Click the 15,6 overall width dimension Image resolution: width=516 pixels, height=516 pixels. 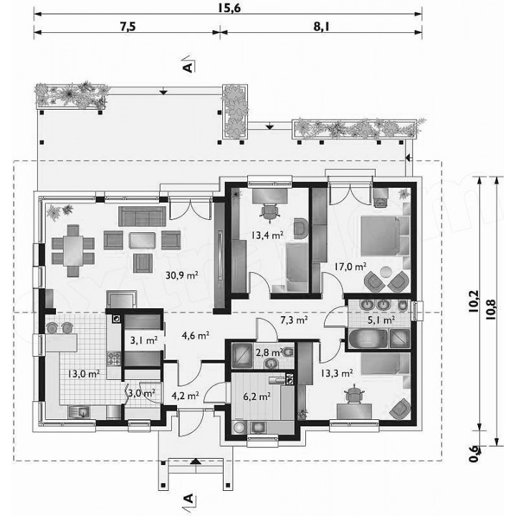pos(229,8)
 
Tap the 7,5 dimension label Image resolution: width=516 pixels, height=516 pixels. pos(128,27)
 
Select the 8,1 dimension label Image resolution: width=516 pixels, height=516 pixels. pos(321,27)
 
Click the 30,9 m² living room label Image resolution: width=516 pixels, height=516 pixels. pos(181,274)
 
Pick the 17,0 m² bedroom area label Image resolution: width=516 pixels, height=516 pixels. pos(350,266)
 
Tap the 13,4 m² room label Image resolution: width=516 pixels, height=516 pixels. pos(267,235)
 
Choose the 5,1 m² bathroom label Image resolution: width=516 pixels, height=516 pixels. pos(381,320)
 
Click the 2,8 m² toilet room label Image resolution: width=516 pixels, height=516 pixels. pos(269,353)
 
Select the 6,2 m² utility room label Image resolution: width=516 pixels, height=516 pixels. pos(257,396)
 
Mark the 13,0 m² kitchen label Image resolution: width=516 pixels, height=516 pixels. pos(84,373)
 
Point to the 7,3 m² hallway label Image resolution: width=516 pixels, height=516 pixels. pos(294,320)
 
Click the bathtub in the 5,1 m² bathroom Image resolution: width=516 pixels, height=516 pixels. pos(368,338)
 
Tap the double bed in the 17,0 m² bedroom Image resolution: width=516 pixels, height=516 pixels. pos(383,236)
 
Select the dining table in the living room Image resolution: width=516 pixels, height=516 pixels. pos(73,251)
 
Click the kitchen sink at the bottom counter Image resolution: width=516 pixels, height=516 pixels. pos(78,412)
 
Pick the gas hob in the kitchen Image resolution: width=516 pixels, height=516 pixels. pos(114,358)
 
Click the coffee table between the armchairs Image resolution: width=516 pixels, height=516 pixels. pos(142,241)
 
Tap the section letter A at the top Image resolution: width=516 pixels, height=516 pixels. pos(188,68)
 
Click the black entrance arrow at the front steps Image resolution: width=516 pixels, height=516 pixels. pos(196,461)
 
